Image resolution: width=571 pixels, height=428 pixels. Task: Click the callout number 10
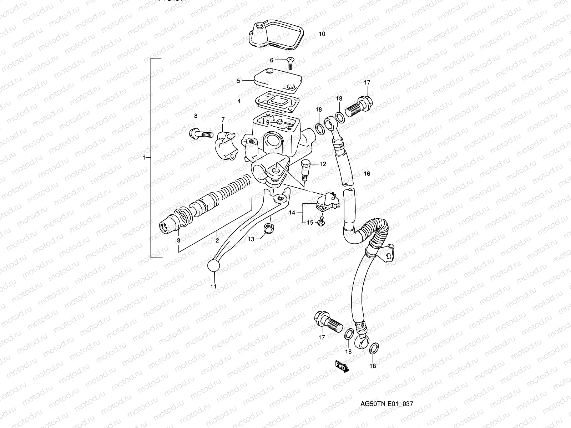(x=322, y=34)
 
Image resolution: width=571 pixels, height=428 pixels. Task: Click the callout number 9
(x=267, y=122)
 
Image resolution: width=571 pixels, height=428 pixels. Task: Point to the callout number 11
(x=213, y=286)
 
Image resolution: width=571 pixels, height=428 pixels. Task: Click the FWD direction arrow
(x=341, y=366)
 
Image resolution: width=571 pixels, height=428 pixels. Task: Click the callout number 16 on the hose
(x=367, y=174)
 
